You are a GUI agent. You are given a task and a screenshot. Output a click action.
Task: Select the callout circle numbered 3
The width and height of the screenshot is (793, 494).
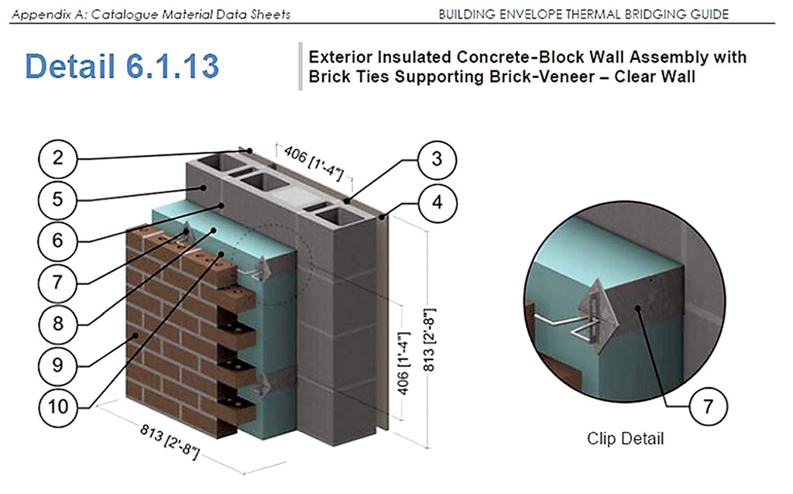(x=436, y=160)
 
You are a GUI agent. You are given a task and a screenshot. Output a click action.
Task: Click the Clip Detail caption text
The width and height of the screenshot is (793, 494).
(x=625, y=439)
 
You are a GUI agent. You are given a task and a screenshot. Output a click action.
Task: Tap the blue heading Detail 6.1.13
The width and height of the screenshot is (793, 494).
(x=122, y=67)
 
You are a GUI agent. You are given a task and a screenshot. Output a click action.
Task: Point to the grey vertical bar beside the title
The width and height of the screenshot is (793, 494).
(x=299, y=67)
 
